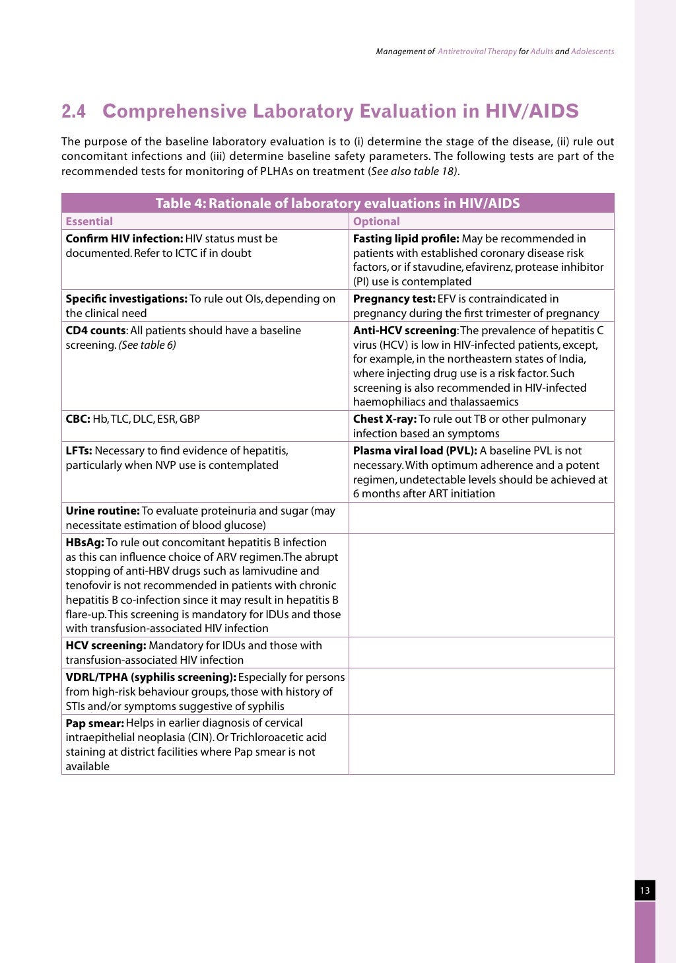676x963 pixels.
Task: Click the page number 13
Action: [x=645, y=890]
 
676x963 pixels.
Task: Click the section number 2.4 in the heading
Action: [x=73, y=112]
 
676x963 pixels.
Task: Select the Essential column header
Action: [x=89, y=221]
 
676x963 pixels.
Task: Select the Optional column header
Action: [x=376, y=221]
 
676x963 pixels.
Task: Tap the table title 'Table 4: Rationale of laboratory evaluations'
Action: [x=337, y=203]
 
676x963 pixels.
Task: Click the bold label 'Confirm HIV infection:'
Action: [x=124, y=238]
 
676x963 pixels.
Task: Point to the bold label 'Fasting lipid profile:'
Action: [x=406, y=238]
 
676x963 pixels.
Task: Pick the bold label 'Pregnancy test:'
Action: [x=394, y=299]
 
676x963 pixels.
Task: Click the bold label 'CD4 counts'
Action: [x=96, y=330]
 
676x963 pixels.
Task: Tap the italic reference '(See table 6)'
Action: [x=147, y=345]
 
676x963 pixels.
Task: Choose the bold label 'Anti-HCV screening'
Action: [x=405, y=330]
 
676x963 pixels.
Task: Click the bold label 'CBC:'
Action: [x=78, y=419]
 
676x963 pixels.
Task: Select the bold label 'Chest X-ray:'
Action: [x=385, y=419]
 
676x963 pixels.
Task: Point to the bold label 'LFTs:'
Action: [x=79, y=450]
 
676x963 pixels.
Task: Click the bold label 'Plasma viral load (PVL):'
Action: [x=415, y=450]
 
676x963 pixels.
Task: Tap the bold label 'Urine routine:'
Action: [x=102, y=511]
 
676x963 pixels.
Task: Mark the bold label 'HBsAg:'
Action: [x=84, y=542]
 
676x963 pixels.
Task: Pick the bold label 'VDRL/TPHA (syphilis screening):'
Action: [x=151, y=677]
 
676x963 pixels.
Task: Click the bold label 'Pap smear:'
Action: [x=94, y=723]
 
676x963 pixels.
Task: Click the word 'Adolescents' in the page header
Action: [x=592, y=52]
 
